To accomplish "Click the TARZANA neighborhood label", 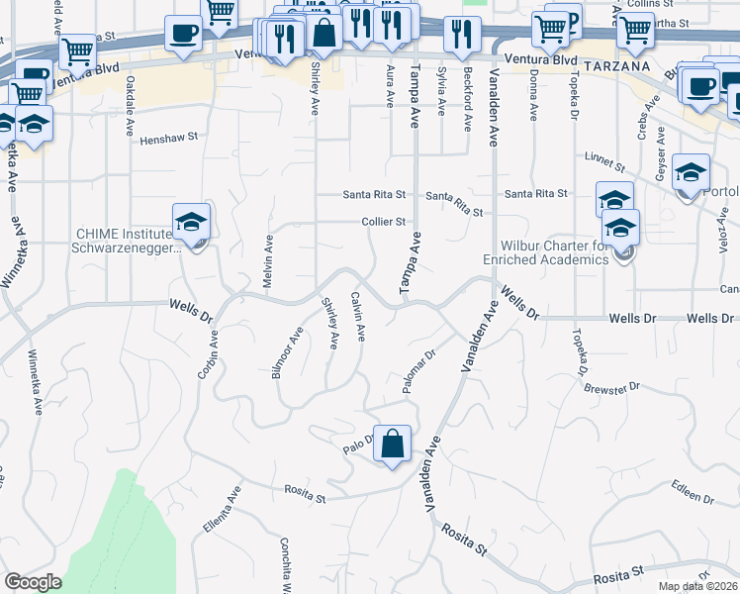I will click(x=616, y=65).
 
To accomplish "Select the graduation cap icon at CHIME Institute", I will click(x=192, y=223).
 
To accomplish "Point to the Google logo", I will click(x=32, y=582).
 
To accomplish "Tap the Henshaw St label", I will click(x=169, y=140).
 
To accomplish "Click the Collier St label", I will click(x=384, y=221).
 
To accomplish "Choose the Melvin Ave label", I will click(x=268, y=261).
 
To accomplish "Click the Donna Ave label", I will click(x=533, y=97).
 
